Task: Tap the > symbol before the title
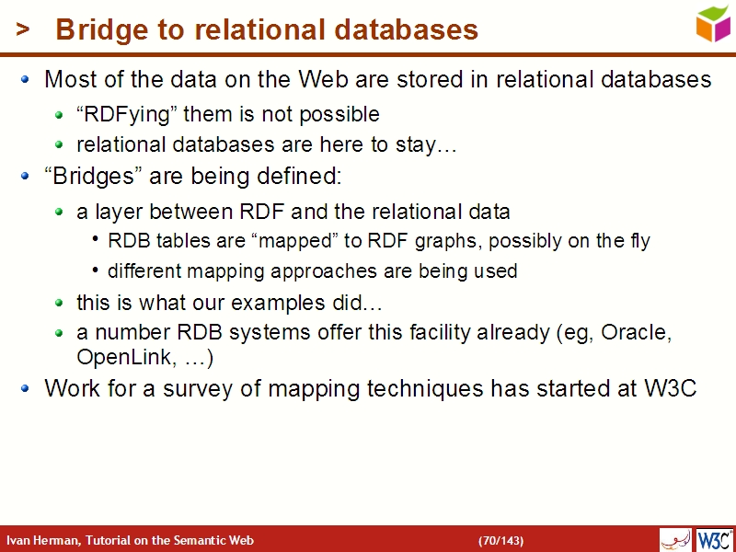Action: (23, 30)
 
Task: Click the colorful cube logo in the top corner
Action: (712, 23)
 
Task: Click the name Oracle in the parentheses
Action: (635, 333)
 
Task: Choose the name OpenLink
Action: (114, 356)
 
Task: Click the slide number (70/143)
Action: (501, 540)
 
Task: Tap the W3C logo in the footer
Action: (715, 539)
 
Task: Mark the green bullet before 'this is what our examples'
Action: (59, 303)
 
